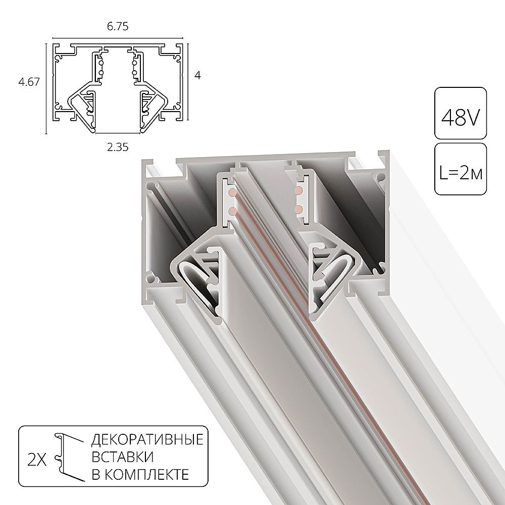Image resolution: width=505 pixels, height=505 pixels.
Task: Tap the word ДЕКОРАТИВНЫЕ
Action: [147, 439]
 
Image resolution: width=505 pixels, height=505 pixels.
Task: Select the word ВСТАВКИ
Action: [122, 457]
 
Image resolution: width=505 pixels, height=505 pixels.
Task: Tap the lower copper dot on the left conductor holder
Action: [232, 210]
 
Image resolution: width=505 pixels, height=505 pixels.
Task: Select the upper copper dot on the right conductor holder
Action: [299, 190]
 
